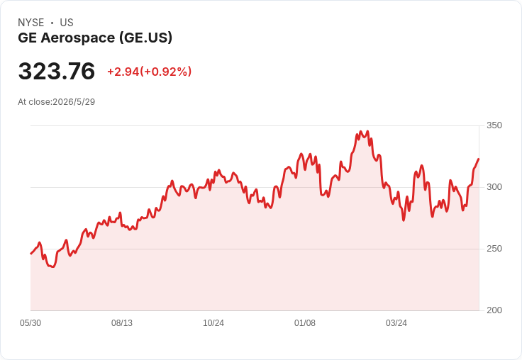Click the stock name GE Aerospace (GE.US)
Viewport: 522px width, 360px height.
(x=95, y=38)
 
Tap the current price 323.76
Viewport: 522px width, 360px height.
(x=57, y=71)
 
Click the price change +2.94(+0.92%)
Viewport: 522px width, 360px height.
(x=149, y=72)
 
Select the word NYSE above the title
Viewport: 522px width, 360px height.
(x=31, y=23)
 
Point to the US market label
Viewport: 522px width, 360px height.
(x=67, y=23)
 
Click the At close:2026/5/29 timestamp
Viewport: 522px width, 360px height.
(x=57, y=102)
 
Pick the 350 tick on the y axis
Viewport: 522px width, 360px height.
(x=494, y=125)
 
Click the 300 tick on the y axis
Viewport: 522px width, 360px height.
(x=494, y=187)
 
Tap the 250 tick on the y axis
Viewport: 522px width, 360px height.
(x=494, y=249)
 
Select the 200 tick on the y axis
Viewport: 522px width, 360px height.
(x=494, y=310)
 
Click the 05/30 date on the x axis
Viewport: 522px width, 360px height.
(x=30, y=323)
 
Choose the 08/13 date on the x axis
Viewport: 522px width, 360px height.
(x=122, y=323)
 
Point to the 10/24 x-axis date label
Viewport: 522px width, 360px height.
(x=213, y=323)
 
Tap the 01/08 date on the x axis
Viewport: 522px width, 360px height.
(x=304, y=323)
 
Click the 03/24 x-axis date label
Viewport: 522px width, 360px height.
(x=396, y=323)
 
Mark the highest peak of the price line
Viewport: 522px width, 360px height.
(x=367, y=131)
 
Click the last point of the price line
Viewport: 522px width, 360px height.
(x=479, y=159)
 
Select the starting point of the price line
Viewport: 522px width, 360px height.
(x=31, y=254)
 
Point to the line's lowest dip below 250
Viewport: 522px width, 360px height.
(x=53, y=267)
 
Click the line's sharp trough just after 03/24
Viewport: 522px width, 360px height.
(x=404, y=220)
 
